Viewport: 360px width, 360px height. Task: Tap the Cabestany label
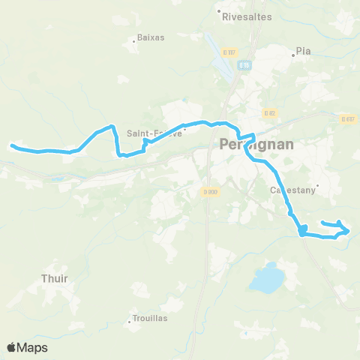click(x=294, y=190)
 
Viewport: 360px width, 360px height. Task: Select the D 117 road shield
click(x=229, y=52)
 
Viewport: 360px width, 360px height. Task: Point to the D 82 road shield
click(x=271, y=112)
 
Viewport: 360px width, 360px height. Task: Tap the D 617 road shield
click(x=346, y=118)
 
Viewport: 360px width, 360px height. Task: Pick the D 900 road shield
click(x=210, y=193)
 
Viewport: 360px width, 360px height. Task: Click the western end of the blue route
click(x=10, y=145)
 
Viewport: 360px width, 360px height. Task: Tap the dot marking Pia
click(x=293, y=54)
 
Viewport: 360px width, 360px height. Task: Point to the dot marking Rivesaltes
click(x=218, y=12)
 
